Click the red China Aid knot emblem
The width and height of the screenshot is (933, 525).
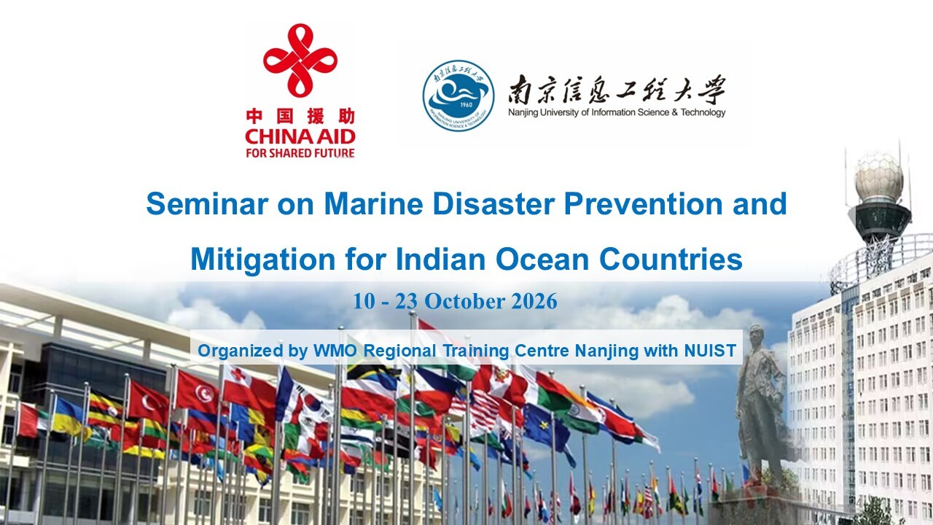[300, 61]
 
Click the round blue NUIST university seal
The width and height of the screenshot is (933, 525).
[458, 96]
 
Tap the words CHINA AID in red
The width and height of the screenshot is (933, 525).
[300, 136]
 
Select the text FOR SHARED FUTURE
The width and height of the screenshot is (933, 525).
[300, 153]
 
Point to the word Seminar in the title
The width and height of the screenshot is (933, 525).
[207, 203]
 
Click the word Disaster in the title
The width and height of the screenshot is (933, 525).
[493, 203]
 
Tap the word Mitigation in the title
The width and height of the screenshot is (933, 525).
[263, 259]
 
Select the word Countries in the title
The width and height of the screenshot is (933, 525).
[671, 259]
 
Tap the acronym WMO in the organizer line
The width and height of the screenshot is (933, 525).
[335, 351]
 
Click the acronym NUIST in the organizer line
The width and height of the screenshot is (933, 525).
[710, 351]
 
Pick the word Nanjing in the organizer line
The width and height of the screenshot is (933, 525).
[606, 351]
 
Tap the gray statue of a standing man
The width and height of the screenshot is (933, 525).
[760, 400]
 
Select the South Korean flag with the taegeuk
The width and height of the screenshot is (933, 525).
[308, 402]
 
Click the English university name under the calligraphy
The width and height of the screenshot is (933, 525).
[617, 112]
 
